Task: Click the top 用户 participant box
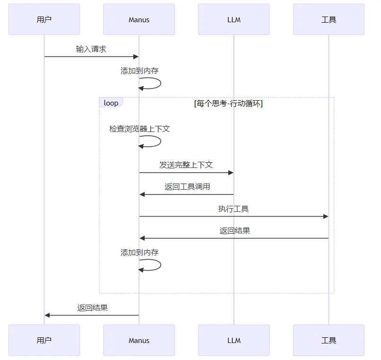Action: coord(44,19)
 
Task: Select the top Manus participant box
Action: coord(139,19)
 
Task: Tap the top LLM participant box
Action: coord(234,19)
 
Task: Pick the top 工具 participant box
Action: coord(329,19)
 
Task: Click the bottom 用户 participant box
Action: coord(44,340)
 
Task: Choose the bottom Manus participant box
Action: coord(139,340)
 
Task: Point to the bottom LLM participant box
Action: coord(234,340)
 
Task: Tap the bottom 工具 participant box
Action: coord(329,340)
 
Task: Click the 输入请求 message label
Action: coord(91,49)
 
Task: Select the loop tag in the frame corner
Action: coord(111,103)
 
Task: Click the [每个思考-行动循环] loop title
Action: coord(228,103)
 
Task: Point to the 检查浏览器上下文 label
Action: coord(139,129)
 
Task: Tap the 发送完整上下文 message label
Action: coord(186,165)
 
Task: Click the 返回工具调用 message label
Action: coord(187,186)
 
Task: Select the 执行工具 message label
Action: coord(233,209)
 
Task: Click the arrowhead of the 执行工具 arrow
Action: coord(326,216)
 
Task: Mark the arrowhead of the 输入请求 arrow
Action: coord(136,57)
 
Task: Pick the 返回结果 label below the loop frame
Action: coord(93,307)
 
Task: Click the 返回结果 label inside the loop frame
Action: coord(235,231)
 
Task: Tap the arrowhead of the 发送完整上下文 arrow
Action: coord(231,173)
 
